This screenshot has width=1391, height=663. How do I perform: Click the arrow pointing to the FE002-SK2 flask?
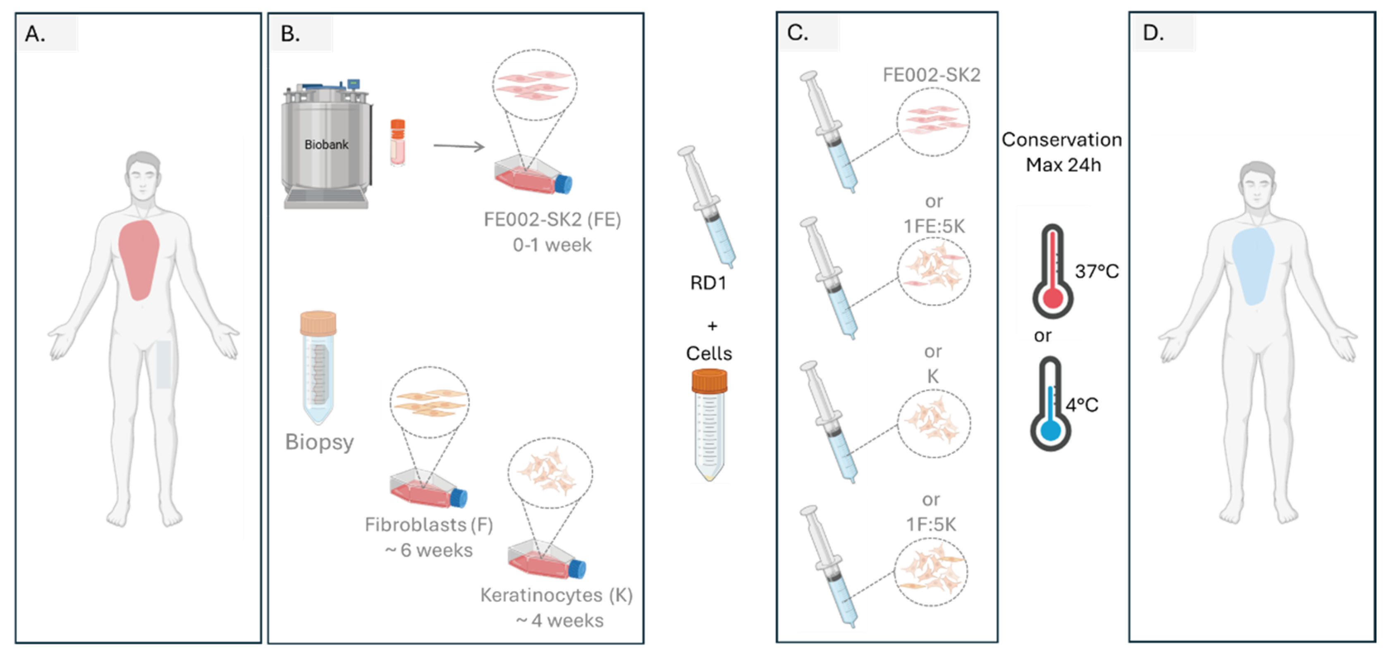pos(459,146)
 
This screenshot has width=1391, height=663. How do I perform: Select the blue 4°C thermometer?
pos(1050,405)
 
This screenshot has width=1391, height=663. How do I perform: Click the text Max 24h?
pos(1063,165)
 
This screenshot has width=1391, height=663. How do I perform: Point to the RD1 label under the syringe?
pos(708,283)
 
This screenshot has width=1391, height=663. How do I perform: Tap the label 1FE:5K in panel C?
pos(934,226)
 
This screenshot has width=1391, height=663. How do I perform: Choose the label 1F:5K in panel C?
pos(931,524)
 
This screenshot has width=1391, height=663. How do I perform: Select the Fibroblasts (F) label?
pos(429,525)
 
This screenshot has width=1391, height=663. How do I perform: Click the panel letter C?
pos(797,33)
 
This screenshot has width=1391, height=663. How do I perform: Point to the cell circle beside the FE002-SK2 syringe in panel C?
pos(932,122)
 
